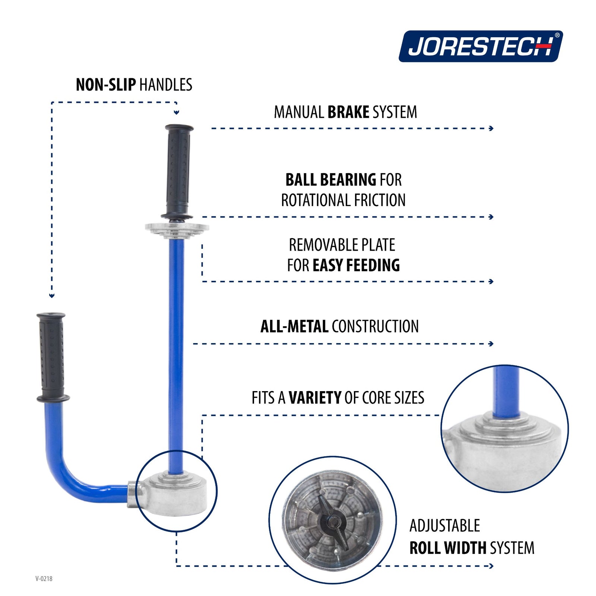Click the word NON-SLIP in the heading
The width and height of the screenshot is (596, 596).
tap(106, 85)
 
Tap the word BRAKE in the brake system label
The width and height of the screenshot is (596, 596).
tap(348, 112)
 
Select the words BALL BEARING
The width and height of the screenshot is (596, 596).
tap(331, 180)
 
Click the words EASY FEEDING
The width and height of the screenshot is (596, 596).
tap(356, 266)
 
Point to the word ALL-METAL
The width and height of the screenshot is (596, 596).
tap(294, 327)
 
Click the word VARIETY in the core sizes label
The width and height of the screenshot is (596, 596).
tap(315, 398)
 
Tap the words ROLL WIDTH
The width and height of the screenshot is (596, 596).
tap(448, 548)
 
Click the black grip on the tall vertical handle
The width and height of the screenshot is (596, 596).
tap(179, 171)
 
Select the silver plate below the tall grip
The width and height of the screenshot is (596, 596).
tap(177, 228)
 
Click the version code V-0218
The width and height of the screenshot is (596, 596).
tap(44, 578)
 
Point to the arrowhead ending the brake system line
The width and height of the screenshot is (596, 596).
tap(491, 129)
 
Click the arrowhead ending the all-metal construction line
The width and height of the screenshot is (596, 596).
tap(491, 343)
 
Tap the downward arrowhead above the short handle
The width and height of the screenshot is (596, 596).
tap(52, 296)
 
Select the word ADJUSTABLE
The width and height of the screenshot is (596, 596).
tap(445, 526)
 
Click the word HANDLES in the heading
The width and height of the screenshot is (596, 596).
tap(166, 85)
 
